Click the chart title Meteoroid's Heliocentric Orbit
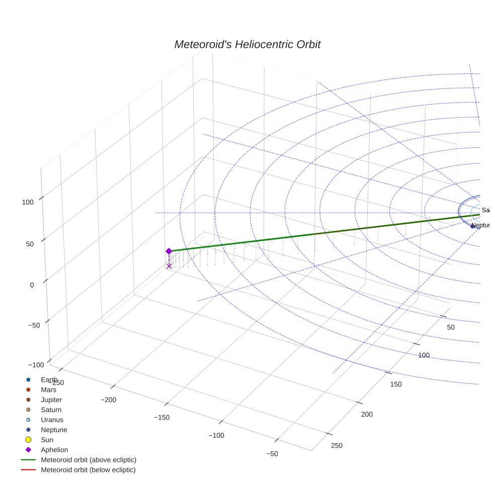[247, 45]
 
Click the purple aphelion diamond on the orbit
[169, 251]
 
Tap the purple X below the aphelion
[169, 266]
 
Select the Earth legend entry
[49, 380]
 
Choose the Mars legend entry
[48, 390]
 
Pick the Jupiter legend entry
[51, 400]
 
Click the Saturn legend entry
[51, 410]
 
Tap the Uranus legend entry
[52, 420]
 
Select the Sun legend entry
[47, 440]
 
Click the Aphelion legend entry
[54, 450]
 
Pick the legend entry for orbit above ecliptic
[88, 460]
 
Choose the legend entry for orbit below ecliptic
[88, 470]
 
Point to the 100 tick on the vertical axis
[28, 202]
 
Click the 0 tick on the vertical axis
[32, 285]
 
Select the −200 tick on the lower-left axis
[109, 400]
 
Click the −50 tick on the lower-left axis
[272, 454]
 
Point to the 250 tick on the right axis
[337, 446]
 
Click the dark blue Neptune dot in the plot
[472, 226]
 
